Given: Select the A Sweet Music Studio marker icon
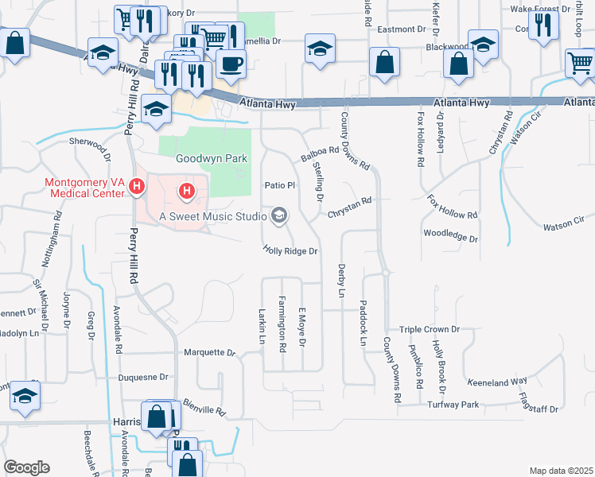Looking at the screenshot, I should click(279, 215).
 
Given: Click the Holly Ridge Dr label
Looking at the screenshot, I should click(290, 250).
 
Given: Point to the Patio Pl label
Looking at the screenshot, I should click(279, 185).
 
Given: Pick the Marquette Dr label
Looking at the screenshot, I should click(210, 352).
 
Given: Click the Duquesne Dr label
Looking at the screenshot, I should click(143, 378).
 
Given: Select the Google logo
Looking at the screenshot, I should click(26, 467).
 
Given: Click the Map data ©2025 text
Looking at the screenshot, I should click(561, 471).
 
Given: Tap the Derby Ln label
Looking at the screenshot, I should click(342, 281).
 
